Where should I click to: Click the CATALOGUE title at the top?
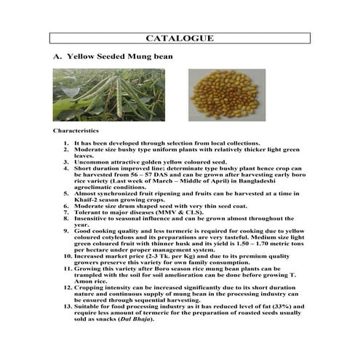tap(180, 37)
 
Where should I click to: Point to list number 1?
tap(68, 144)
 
